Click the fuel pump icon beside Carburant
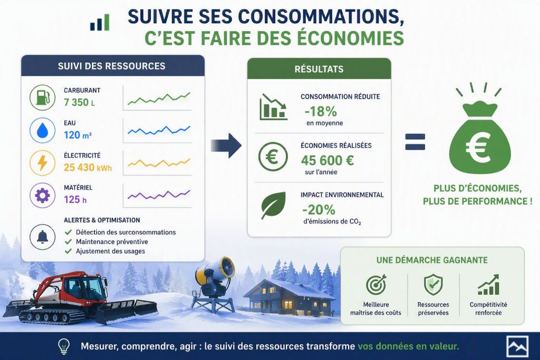click(x=42, y=98)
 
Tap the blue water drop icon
click(x=42, y=130)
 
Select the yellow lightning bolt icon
click(x=42, y=163)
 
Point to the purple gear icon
click(x=42, y=196)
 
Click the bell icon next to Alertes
click(x=42, y=237)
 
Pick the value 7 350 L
click(x=79, y=102)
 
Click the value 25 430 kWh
click(x=88, y=168)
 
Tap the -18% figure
click(x=321, y=112)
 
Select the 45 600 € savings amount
click(x=327, y=160)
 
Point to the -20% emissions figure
click(x=319, y=210)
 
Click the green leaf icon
click(x=274, y=206)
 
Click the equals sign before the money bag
click(x=415, y=142)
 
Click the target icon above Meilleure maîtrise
click(x=376, y=285)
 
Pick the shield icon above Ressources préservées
click(x=433, y=285)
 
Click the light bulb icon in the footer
click(x=64, y=346)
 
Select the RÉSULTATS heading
click(x=319, y=69)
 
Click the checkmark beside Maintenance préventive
click(x=68, y=242)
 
